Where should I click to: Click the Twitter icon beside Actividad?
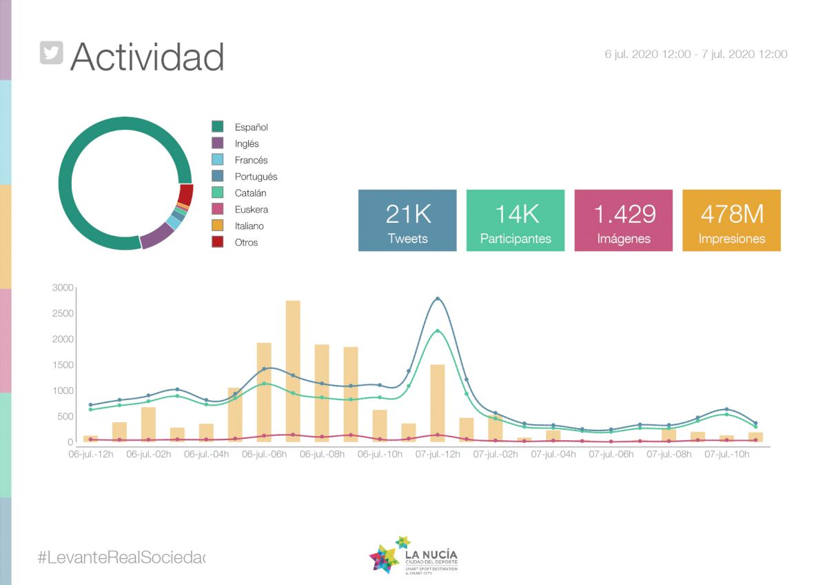[x=52, y=52]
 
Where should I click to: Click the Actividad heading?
[x=147, y=57]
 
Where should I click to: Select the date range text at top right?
[x=696, y=54]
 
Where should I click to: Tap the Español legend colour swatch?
[x=218, y=127]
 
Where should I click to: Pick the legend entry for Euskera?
[x=251, y=210]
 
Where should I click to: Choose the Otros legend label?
[x=246, y=243]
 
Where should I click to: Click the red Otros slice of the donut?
[x=185, y=195]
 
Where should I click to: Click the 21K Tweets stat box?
[x=407, y=221]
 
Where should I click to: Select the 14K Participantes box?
[x=515, y=221]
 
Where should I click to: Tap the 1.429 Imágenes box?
[x=623, y=221]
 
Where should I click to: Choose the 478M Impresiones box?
[x=731, y=221]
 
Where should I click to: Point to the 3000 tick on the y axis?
[x=63, y=288]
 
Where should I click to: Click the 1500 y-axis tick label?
[x=63, y=365]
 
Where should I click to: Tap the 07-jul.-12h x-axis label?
[x=437, y=455]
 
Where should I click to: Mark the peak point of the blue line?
[x=437, y=299]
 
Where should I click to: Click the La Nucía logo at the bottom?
[x=413, y=555]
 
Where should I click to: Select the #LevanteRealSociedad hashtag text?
[x=122, y=557]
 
